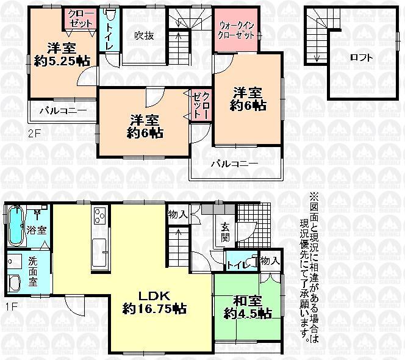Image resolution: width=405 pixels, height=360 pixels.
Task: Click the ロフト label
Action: tap(362, 58)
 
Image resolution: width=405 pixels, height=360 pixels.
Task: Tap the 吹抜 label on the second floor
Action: tap(144, 35)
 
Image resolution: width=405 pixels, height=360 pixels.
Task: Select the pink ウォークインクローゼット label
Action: tap(237, 29)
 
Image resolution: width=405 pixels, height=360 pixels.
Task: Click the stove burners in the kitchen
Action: tap(100, 217)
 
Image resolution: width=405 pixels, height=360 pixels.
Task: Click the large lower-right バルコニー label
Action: tap(234, 164)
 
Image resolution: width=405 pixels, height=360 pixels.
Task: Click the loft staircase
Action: tap(316, 37)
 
